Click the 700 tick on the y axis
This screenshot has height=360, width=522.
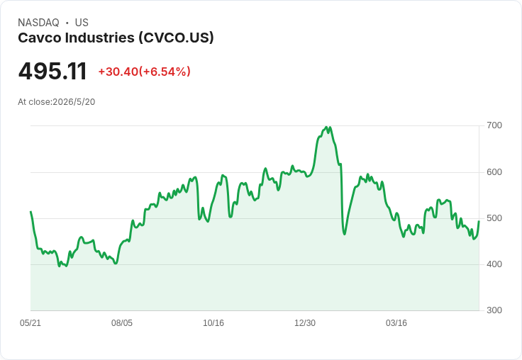click(x=494, y=125)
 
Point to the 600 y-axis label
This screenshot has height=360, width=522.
click(x=494, y=172)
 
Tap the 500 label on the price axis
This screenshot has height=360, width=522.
click(x=494, y=218)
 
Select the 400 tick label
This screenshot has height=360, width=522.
click(x=494, y=264)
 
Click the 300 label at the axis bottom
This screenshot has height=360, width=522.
click(x=494, y=310)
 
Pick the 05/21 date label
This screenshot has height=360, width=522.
click(x=30, y=323)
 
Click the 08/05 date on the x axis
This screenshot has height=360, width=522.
click(x=122, y=323)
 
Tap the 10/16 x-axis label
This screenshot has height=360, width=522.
click(x=213, y=323)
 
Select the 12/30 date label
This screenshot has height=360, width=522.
click(x=305, y=323)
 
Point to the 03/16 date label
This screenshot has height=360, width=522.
click(x=396, y=323)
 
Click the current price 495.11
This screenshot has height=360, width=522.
click(x=52, y=72)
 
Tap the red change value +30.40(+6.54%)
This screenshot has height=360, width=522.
click(x=144, y=72)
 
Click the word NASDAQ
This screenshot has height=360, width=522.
click(x=38, y=23)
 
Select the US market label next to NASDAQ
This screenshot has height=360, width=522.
click(x=82, y=23)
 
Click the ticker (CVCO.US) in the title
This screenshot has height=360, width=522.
click(x=176, y=38)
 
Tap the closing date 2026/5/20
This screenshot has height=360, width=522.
click(x=74, y=102)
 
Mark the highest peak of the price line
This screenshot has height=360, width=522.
click(x=326, y=127)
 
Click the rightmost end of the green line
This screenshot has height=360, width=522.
click(x=479, y=221)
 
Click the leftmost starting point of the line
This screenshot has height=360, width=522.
click(x=30, y=212)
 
